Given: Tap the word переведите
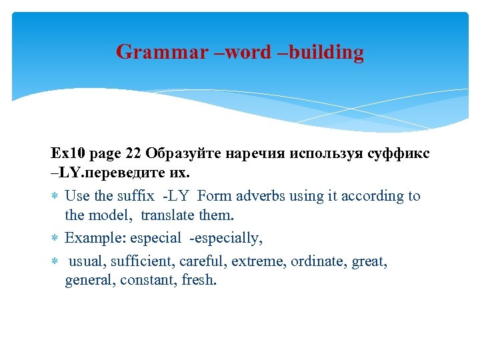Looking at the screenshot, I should pos(128,173).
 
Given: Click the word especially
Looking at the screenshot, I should pos(228,238).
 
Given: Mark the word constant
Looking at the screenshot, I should pos(150,281).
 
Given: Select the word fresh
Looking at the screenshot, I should pos(199,281).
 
